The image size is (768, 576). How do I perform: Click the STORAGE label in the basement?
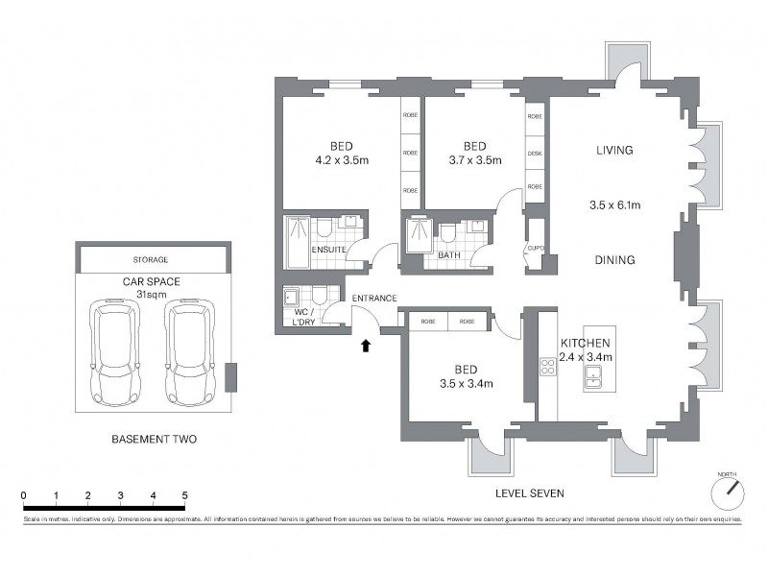151,259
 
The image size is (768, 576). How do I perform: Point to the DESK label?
535,153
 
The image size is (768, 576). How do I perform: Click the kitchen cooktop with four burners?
549,366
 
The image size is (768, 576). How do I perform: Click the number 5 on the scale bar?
183,495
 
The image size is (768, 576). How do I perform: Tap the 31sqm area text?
152,294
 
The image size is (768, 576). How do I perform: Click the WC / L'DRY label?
304,318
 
